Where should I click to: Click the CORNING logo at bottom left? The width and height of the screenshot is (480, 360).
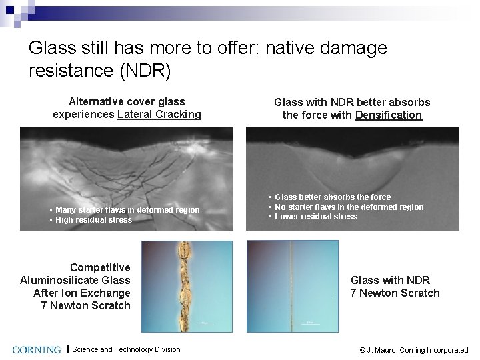[x=37, y=349]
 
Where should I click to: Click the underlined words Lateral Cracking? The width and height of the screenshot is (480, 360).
[x=159, y=114]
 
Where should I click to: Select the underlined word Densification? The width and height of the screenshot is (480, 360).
[x=388, y=115]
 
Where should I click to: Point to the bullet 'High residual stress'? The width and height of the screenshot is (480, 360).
[x=93, y=220]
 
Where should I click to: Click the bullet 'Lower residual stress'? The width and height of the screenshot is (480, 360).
[x=316, y=217]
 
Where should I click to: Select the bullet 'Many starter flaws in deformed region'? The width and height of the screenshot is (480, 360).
[x=127, y=210]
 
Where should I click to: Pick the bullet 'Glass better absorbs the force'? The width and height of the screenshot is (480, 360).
[x=333, y=197]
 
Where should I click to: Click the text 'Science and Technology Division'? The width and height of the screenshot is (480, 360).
[x=126, y=349]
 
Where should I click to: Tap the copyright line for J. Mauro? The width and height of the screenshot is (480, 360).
[x=413, y=350]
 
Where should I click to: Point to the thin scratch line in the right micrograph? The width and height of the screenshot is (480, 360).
[x=291, y=287]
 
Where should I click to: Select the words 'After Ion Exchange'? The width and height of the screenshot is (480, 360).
[x=81, y=293]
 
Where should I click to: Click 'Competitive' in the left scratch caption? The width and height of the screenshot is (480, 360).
[x=100, y=267]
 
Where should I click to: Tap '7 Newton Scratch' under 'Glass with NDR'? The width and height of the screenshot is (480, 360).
[x=395, y=293]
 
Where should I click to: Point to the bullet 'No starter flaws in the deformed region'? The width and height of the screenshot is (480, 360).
[x=349, y=207]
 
